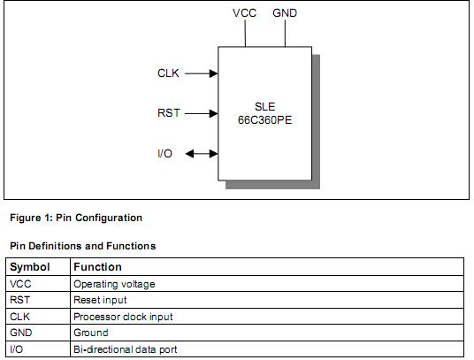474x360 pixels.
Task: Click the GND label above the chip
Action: pyautogui.click(x=285, y=13)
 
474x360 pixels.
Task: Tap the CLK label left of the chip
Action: pyautogui.click(x=168, y=73)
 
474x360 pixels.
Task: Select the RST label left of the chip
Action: pyautogui.click(x=168, y=113)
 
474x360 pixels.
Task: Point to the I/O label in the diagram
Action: pyautogui.click(x=164, y=154)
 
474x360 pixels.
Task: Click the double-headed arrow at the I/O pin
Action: pyautogui.click(x=202, y=154)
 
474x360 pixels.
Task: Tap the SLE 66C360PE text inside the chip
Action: pyautogui.click(x=264, y=113)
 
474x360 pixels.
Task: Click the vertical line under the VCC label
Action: pyautogui.click(x=247, y=34)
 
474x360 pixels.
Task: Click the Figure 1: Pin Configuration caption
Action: pyautogui.click(x=76, y=218)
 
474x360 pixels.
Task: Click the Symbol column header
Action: pyautogui.click(x=29, y=266)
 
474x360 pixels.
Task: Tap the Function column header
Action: pyautogui.click(x=97, y=266)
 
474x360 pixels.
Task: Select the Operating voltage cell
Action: pyautogui.click(x=113, y=284)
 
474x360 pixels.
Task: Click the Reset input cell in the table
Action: pyautogui.click(x=100, y=301)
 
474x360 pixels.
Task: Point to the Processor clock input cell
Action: pyautogui.click(x=123, y=317)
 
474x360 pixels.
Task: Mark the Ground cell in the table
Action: pyautogui.click(x=91, y=333)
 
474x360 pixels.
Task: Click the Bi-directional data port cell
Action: pyautogui.click(x=125, y=349)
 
